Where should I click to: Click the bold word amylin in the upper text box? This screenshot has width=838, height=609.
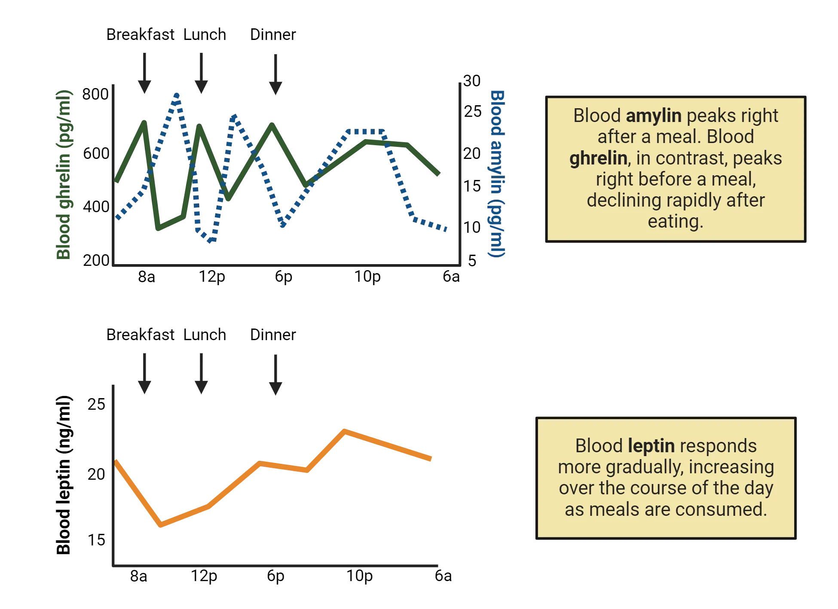tap(654, 116)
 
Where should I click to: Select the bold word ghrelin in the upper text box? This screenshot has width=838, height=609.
tap(598, 158)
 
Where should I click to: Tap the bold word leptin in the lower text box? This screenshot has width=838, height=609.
tap(651, 446)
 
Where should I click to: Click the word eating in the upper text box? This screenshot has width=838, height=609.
tap(675, 222)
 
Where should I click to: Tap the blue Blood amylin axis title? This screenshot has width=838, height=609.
tap(497, 174)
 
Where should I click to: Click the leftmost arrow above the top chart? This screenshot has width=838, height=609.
tap(144, 74)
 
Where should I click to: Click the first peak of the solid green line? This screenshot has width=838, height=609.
tap(144, 121)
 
